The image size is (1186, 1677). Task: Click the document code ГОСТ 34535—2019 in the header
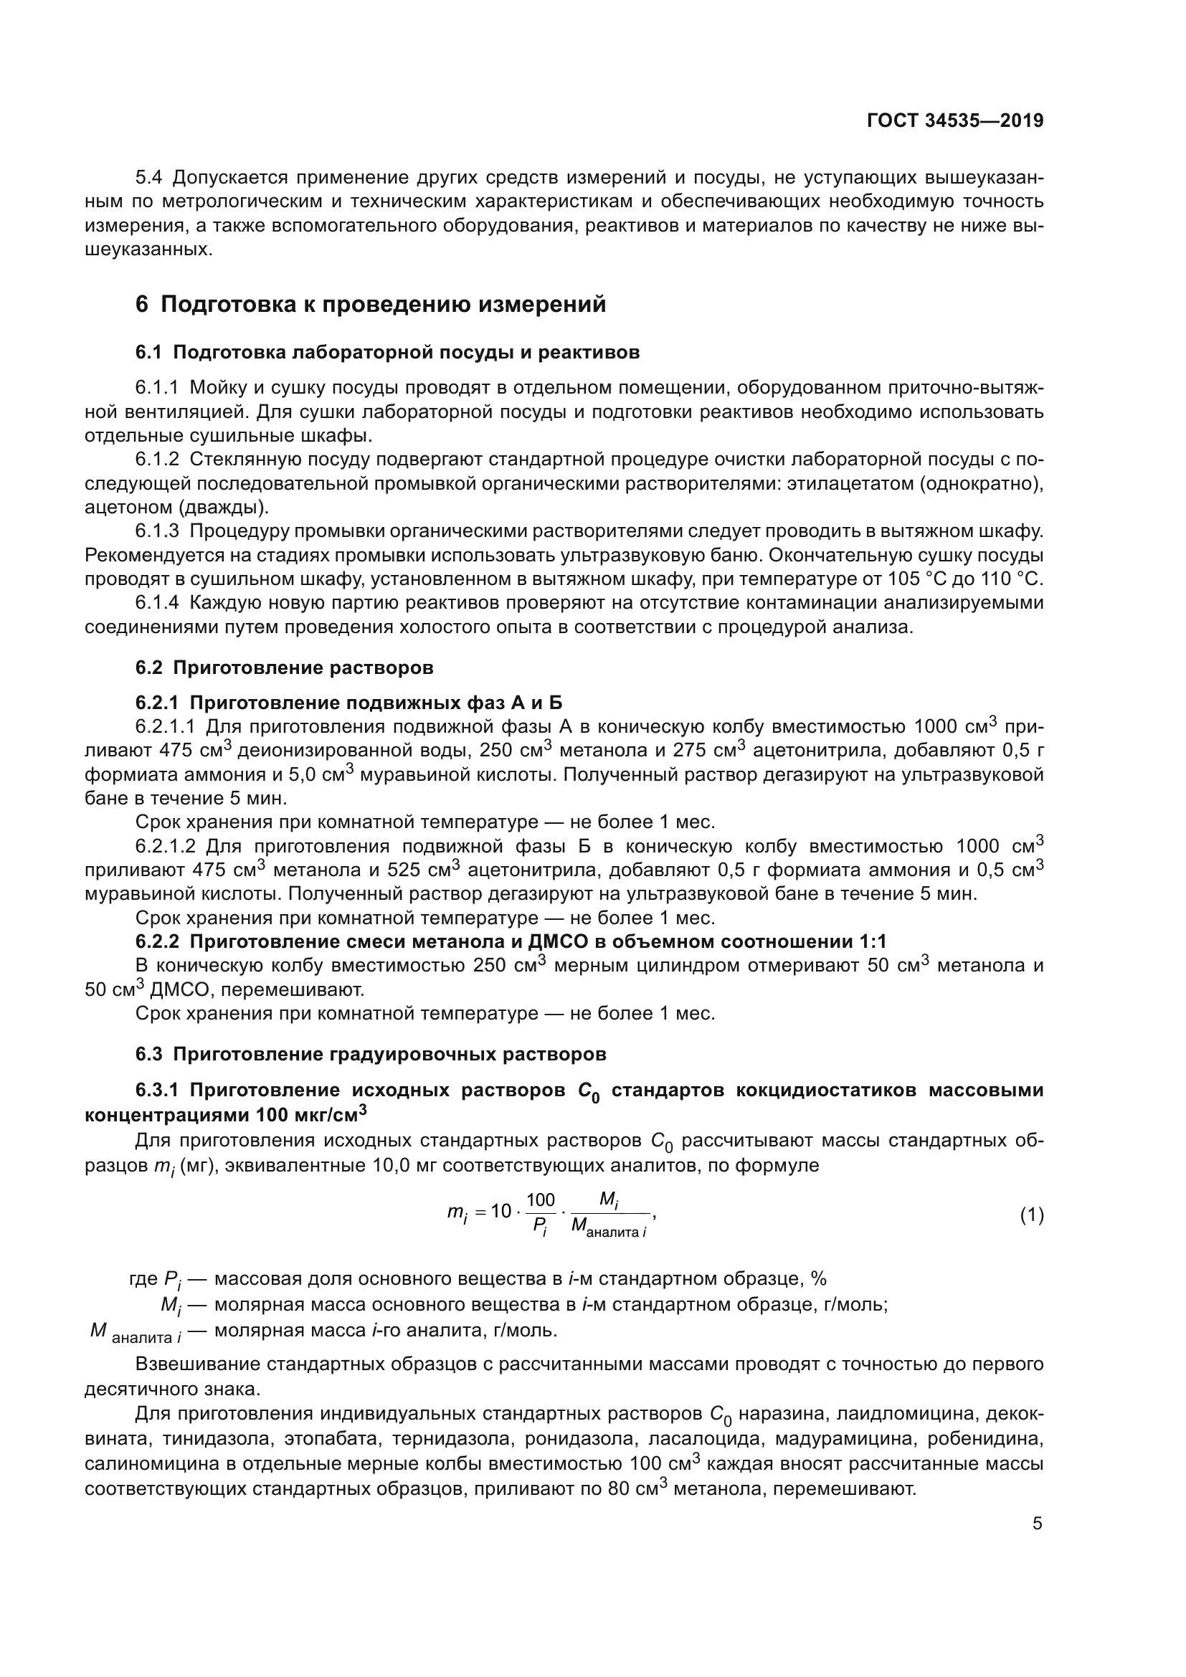954,121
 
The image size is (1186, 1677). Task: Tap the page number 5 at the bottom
1037,1524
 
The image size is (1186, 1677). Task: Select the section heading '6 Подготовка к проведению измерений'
371,305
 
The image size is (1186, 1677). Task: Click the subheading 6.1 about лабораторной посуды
387,353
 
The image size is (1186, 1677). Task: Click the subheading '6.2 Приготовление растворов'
284,668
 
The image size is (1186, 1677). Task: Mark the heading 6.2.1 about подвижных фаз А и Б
348,703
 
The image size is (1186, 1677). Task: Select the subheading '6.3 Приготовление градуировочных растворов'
370,1055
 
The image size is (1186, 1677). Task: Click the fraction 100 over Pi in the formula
541,1215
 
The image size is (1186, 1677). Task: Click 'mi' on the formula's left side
457,1214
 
